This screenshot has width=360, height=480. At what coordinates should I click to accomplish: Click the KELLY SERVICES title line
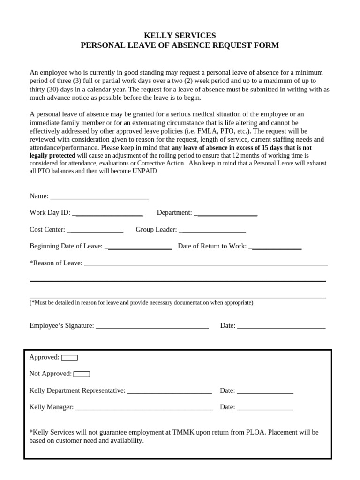pyautogui.click(x=180, y=36)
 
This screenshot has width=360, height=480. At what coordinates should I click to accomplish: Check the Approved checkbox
pyautogui.click(x=69, y=358)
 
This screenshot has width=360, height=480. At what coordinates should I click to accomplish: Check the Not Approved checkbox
pyautogui.click(x=82, y=374)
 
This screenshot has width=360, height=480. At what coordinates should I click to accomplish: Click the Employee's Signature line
pyautogui.click(x=152, y=327)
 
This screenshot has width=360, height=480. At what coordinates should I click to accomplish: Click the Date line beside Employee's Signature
pyautogui.click(x=281, y=327)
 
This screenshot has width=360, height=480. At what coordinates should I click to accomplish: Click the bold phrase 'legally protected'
pyautogui.click(x=52, y=155)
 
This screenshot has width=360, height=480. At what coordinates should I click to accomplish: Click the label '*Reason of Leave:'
pyautogui.click(x=56, y=263)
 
